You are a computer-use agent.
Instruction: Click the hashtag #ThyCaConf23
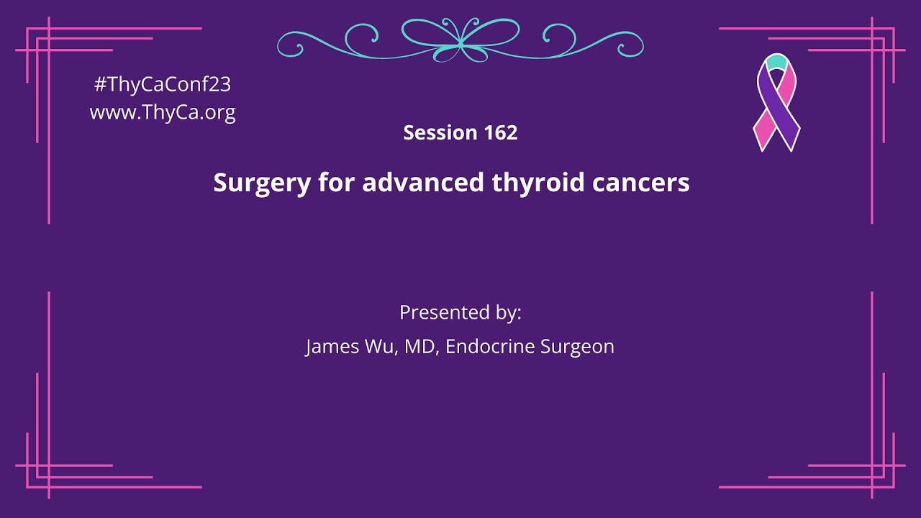[x=163, y=84]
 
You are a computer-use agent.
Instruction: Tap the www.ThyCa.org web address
[x=163, y=112]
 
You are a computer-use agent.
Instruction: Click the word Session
[x=440, y=132]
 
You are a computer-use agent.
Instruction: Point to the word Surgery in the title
[x=262, y=183]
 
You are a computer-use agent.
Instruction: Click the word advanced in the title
[x=423, y=182]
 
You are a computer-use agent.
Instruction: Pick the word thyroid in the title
[x=538, y=183]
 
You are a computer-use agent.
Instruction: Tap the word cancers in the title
[x=641, y=183]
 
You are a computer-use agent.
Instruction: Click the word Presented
[x=445, y=312]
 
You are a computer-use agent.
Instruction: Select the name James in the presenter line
[x=332, y=347]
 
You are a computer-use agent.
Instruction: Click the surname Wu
[x=381, y=346]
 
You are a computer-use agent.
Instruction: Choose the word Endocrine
[x=490, y=346]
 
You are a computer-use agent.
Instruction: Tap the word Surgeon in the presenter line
[x=577, y=347]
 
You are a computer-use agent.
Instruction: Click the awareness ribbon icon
[x=776, y=103]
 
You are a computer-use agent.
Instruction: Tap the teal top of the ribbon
[x=776, y=62]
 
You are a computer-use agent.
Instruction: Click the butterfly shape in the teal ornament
[x=460, y=40]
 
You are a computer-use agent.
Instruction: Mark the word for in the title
[x=336, y=182]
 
